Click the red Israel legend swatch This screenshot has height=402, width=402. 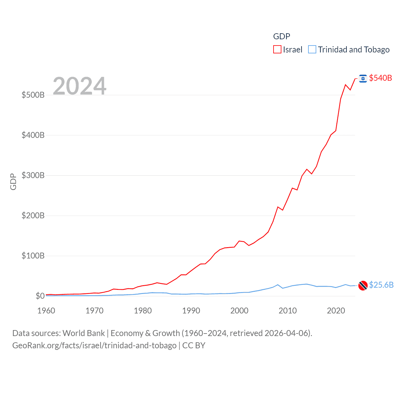(277, 50)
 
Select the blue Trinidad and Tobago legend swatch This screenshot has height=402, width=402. (312, 50)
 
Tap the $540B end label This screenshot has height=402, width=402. (380, 78)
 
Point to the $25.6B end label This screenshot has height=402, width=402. (381, 285)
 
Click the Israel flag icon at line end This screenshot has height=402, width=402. (363, 79)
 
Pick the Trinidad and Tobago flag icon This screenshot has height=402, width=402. (363, 285)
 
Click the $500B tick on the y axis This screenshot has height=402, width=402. (33, 95)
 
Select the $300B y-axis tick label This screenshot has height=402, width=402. (33, 175)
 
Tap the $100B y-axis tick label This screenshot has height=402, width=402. (33, 256)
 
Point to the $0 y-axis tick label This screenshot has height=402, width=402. (40, 296)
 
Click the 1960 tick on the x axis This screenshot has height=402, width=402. (46, 311)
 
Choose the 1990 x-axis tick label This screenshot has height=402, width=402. (191, 311)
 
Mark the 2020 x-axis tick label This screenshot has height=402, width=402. (336, 311)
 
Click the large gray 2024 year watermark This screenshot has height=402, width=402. (79, 86)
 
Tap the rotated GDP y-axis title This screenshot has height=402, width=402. (13, 182)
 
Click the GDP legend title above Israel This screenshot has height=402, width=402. (281, 36)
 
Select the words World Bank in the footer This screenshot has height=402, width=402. (84, 333)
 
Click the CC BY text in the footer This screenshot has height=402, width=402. (194, 345)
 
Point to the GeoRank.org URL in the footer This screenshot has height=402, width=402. (94, 345)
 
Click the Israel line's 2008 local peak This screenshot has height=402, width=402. (278, 207)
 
